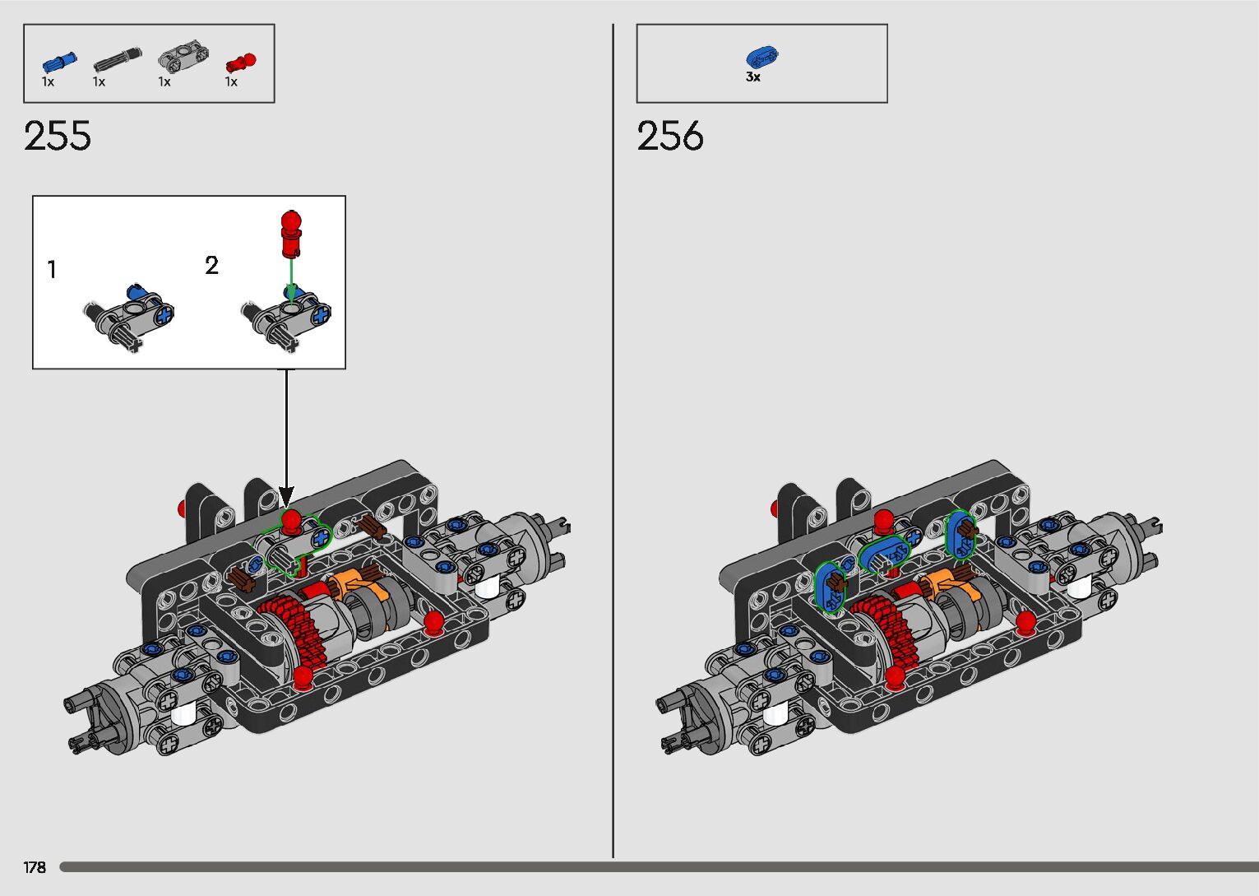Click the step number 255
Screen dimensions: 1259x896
coord(58,136)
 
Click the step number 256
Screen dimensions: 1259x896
coord(670,136)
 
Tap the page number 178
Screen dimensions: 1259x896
coord(35,867)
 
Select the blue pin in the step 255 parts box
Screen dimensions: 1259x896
coord(59,62)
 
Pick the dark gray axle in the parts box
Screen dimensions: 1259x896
coord(118,59)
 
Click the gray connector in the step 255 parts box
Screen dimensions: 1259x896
coord(183,56)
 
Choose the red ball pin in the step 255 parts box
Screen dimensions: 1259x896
coord(241,63)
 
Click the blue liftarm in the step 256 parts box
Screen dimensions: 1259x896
coord(762,58)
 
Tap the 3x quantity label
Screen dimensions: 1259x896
coord(753,77)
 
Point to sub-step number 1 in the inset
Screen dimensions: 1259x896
coord(52,269)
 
